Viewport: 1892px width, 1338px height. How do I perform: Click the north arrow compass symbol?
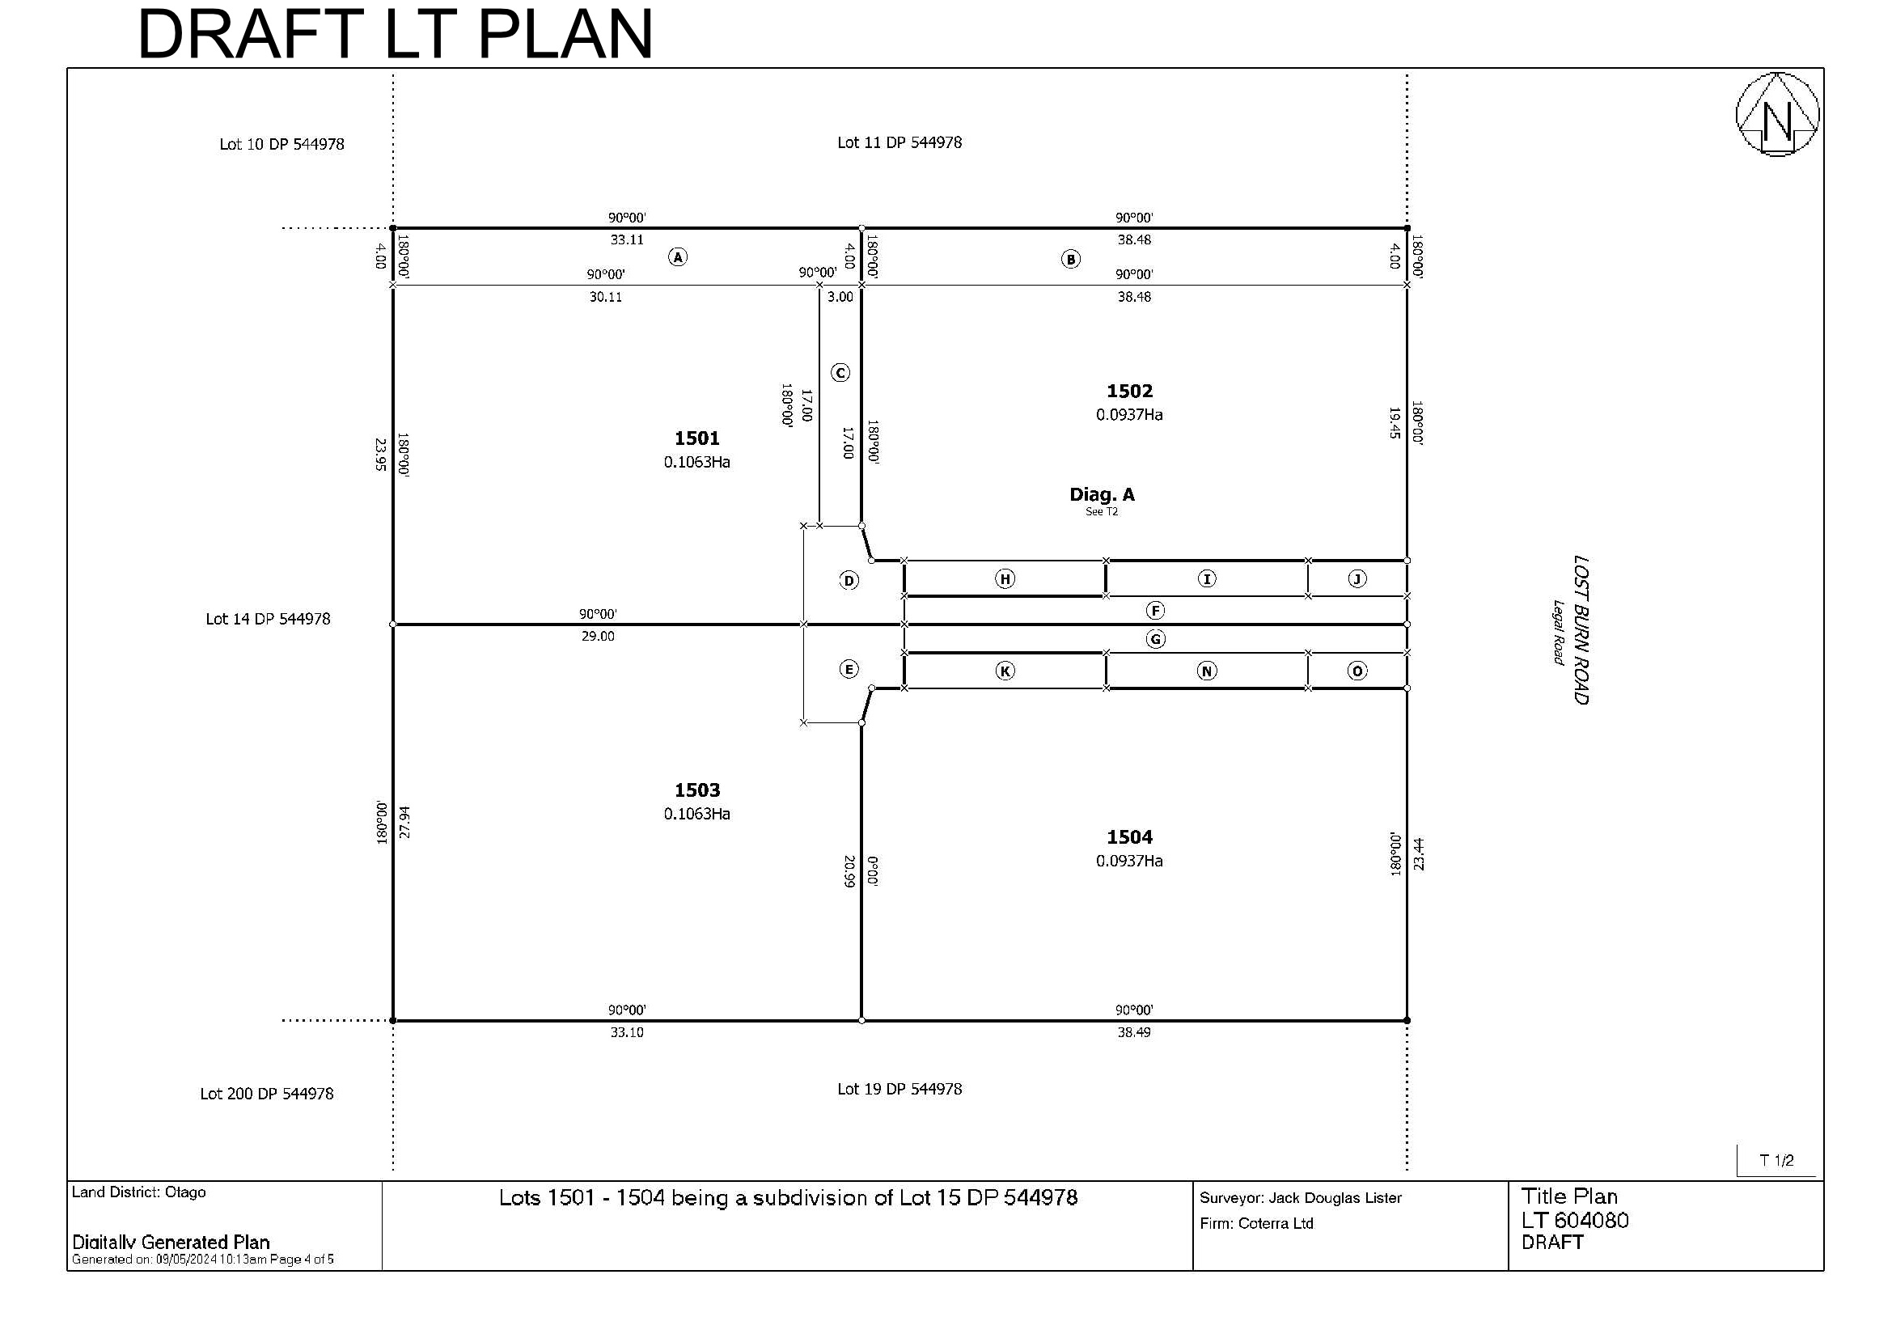tap(1777, 114)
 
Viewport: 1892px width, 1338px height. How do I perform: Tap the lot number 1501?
tap(697, 438)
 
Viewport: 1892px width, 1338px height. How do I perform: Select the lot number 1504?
tap(1129, 837)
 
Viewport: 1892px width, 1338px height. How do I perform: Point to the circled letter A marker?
tap(677, 257)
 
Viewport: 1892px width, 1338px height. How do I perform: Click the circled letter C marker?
tap(840, 373)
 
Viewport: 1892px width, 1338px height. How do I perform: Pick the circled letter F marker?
tap(1155, 611)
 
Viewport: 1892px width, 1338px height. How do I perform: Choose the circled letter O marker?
tap(1357, 671)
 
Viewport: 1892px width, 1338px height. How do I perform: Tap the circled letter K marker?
tap(1005, 671)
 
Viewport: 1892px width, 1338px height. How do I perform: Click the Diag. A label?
tap(1102, 494)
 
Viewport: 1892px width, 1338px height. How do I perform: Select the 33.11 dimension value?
tap(627, 239)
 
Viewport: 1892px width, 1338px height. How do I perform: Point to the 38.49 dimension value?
tap(1134, 1032)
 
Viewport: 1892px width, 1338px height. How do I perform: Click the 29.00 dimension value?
tap(598, 636)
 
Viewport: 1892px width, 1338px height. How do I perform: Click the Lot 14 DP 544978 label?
tap(268, 619)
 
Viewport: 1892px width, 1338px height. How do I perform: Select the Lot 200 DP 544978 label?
tap(267, 1094)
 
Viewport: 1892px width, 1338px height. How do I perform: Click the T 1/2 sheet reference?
tap(1776, 1160)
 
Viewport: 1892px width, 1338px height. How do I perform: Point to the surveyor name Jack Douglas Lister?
tap(1335, 1198)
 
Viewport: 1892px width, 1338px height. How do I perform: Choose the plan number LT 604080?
tap(1575, 1220)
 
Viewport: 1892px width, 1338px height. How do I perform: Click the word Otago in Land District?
tap(185, 1192)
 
